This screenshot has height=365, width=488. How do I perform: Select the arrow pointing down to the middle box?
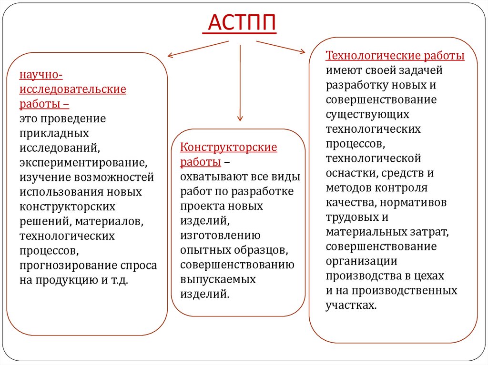click(x=240, y=83)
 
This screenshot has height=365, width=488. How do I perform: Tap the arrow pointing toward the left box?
click(x=197, y=49)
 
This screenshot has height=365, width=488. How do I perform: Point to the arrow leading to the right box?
click(x=280, y=47)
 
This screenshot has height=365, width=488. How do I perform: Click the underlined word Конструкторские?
click(x=229, y=147)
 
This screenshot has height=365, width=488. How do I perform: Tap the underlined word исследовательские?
click(x=73, y=89)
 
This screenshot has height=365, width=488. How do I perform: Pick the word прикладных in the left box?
click(x=54, y=133)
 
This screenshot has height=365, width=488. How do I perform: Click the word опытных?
click(x=201, y=250)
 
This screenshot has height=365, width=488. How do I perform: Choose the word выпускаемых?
click(x=218, y=279)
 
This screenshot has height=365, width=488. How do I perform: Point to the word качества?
click(x=350, y=203)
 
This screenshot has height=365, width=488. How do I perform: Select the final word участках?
click(x=351, y=305)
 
